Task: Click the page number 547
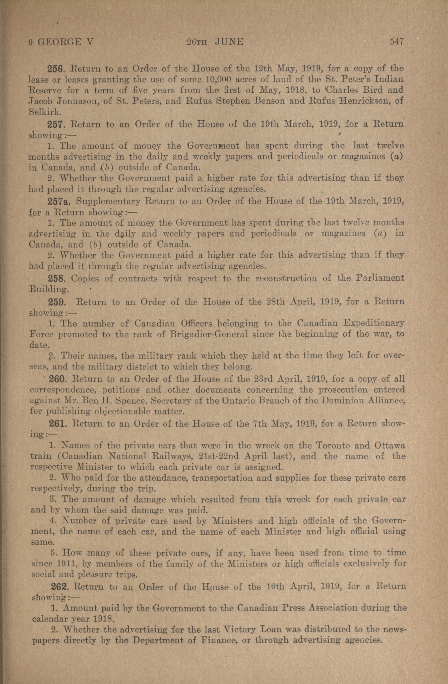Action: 396,42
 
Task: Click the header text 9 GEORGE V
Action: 61,42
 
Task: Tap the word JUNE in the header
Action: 229,42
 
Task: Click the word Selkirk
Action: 44,112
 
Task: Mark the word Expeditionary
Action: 374,324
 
